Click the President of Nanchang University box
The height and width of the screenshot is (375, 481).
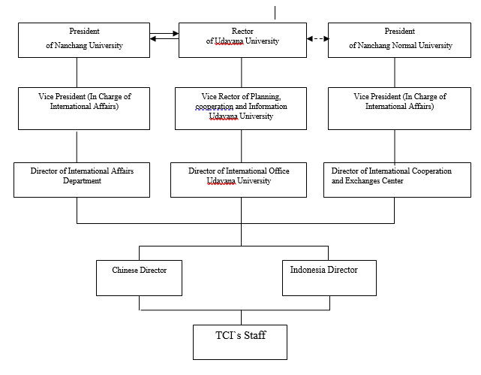click(84, 40)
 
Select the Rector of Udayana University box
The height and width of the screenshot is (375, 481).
click(242, 40)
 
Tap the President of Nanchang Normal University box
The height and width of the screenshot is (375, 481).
click(399, 40)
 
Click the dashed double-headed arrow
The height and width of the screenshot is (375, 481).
click(317, 38)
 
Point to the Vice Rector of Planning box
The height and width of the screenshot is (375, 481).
click(241, 108)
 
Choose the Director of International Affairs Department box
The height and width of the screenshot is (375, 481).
click(82, 180)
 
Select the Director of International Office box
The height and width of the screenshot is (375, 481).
click(239, 180)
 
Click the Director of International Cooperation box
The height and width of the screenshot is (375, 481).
click(397, 180)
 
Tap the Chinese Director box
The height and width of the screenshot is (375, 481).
click(140, 278)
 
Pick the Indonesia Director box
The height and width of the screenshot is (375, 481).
click(329, 278)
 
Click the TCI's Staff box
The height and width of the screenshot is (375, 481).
click(240, 342)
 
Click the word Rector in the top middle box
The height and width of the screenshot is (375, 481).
click(242, 31)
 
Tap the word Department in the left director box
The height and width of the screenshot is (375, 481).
click(82, 180)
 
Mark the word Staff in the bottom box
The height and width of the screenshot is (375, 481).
click(255, 334)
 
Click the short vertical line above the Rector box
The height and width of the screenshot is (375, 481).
click(275, 13)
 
